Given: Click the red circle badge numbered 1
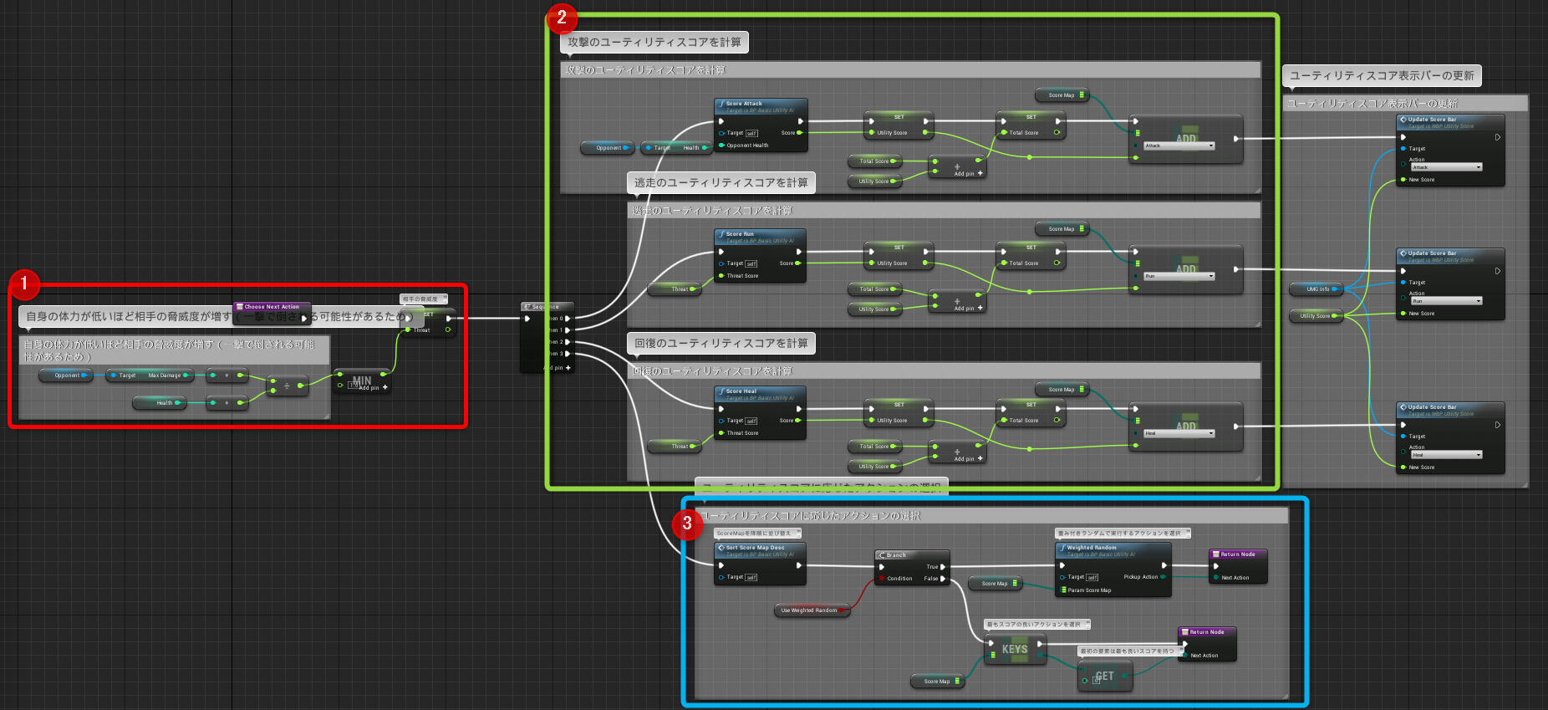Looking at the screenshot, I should click(24, 283).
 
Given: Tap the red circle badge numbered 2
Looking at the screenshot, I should click(561, 17).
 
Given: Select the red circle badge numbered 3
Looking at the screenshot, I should click(687, 524).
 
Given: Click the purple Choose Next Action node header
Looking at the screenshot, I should click(272, 306).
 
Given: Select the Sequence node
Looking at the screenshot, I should click(546, 307).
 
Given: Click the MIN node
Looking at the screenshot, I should click(362, 381).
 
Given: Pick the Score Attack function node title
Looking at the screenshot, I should click(744, 104).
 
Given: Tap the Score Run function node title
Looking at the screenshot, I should click(740, 234).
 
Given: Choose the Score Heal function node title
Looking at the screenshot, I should click(741, 391).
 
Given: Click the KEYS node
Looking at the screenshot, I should click(1015, 649).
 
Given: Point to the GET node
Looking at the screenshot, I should click(1104, 677).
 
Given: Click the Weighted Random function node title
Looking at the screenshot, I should click(1091, 548).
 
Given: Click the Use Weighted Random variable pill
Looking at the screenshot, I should click(809, 610).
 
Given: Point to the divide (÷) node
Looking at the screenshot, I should click(287, 386).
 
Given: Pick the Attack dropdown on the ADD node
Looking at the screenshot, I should click(1179, 146).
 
